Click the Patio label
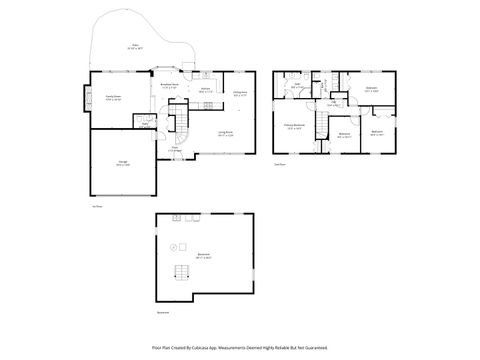coord(135,45)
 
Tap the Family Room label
coord(113,98)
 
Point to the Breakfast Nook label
coord(169,86)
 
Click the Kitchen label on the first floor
coord(204,91)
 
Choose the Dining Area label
coord(240,95)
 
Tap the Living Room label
coord(225,133)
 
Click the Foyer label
coord(174,149)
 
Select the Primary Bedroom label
coord(293,127)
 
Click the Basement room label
coord(204,256)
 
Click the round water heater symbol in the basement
coord(172,246)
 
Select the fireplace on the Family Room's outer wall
coord(84,100)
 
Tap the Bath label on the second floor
coord(297,87)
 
